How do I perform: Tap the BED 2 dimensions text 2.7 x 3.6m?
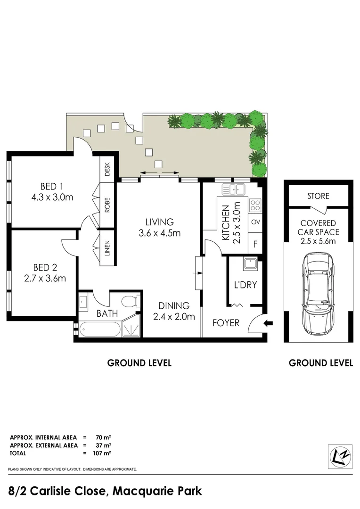click(45, 278)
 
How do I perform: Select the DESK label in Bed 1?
click(107, 169)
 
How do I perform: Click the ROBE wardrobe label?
click(107, 205)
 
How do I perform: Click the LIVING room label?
click(159, 222)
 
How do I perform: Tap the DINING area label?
click(174, 306)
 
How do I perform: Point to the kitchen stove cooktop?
click(255, 205)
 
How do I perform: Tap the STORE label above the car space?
click(318, 196)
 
